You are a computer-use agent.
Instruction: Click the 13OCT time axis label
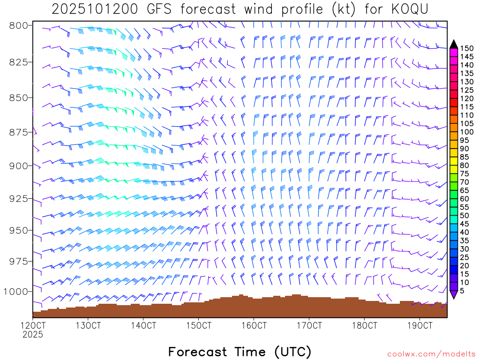click(88, 325)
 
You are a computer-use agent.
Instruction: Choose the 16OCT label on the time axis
click(254, 325)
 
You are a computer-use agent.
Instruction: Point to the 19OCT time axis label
click(420, 325)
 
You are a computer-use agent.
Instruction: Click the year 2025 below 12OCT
click(33, 335)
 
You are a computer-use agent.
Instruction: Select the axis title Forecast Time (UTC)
click(240, 352)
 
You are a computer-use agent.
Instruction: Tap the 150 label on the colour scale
click(466, 48)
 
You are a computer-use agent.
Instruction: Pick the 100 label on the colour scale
click(466, 132)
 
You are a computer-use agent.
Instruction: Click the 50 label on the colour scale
click(464, 215)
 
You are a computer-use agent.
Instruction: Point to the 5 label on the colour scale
click(462, 291)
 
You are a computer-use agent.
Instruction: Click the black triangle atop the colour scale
click(454, 44)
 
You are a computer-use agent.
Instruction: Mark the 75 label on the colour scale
click(464, 173)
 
